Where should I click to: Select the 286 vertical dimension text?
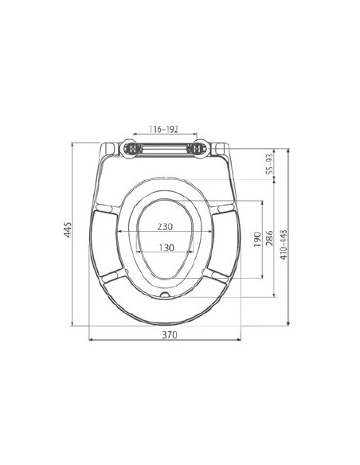click(x=271, y=239)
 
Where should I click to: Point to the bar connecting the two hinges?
click(x=163, y=149)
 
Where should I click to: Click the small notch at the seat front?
click(x=164, y=294)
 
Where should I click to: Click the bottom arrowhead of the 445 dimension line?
click(x=73, y=322)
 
